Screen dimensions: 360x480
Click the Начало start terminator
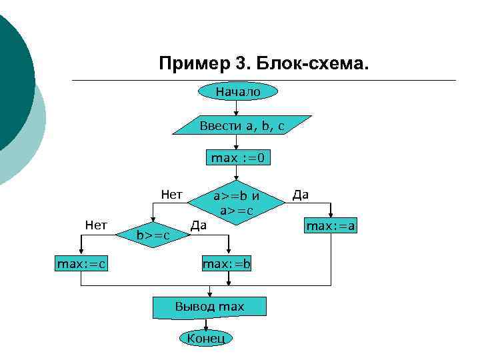tap(237, 91)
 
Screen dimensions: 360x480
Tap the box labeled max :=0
tap(237, 158)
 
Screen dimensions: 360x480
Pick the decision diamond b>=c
tap(153, 234)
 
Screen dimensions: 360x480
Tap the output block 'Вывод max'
tap(209, 307)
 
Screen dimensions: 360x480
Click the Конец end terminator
tap(207, 338)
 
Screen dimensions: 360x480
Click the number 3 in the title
tap(241, 65)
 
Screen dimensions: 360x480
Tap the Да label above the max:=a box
tap(301, 194)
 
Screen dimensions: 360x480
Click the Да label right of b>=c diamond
tap(198, 225)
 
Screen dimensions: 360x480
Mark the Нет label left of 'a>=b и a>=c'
tap(171, 194)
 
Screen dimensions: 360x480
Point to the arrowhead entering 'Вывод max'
tap(210, 294)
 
